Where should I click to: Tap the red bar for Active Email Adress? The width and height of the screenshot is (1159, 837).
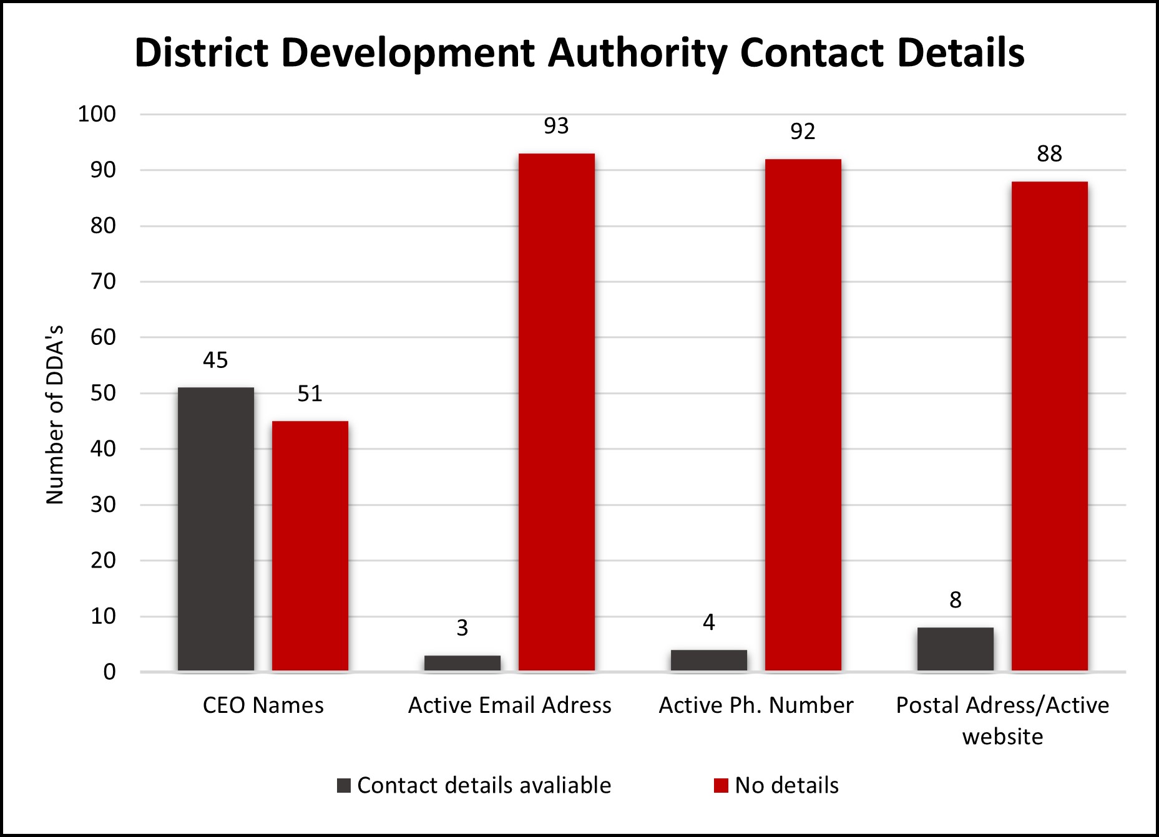tap(557, 412)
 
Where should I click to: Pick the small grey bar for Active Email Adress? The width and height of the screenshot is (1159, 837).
tap(462, 663)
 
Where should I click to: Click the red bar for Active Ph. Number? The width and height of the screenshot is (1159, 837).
tap(803, 415)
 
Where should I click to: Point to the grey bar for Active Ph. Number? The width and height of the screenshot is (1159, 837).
tap(709, 660)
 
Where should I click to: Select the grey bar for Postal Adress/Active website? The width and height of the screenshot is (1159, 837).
tap(956, 649)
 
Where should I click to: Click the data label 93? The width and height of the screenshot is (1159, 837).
tap(556, 127)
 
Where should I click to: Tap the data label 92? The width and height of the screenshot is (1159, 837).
tap(803, 132)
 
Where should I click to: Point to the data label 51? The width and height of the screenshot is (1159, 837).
tap(310, 394)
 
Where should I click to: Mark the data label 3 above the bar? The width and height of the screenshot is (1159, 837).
tap(462, 628)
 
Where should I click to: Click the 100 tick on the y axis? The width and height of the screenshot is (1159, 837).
tap(97, 114)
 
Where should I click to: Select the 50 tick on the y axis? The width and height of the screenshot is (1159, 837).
tap(103, 394)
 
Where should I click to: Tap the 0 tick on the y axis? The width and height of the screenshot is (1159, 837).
tap(110, 672)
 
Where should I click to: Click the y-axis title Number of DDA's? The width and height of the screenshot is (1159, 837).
tap(56, 415)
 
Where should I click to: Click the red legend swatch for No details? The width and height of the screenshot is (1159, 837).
tap(721, 786)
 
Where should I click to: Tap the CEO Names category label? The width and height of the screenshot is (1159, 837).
tap(263, 705)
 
